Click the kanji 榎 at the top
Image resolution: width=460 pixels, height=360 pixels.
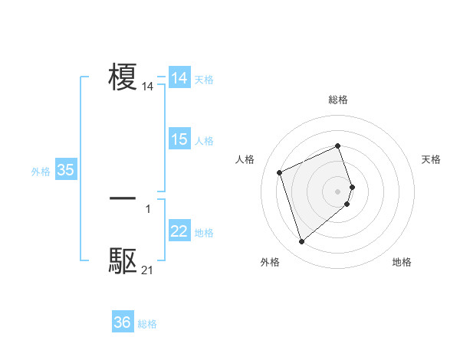click(123, 78)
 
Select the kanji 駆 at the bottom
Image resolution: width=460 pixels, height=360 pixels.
click(123, 261)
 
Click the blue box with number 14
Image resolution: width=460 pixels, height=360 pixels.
click(179, 78)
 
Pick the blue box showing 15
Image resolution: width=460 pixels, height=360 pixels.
click(179, 139)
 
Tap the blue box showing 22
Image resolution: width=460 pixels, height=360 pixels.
click(179, 231)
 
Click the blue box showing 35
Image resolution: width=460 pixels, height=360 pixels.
click(66, 170)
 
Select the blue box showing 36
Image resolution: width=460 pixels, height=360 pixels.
click(123, 322)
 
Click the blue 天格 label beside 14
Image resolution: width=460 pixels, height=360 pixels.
click(204, 80)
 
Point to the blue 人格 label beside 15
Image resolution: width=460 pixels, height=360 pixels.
click(204, 141)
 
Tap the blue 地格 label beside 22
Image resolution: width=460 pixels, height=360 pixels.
click(204, 233)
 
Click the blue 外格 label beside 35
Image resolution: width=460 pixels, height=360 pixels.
click(41, 172)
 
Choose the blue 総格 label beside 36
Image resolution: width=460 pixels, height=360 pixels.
click(147, 324)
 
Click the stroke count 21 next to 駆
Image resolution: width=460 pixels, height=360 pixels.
click(147, 270)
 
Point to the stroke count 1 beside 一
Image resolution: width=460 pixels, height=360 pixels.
click(148, 208)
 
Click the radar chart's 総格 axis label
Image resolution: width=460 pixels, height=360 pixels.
click(337, 100)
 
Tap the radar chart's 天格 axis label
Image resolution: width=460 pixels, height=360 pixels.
click(431, 159)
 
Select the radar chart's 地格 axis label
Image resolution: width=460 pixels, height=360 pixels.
click(402, 262)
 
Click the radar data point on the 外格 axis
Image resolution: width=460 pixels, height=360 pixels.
click(301, 242)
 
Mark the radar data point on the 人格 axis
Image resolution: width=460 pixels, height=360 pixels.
click(280, 172)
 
